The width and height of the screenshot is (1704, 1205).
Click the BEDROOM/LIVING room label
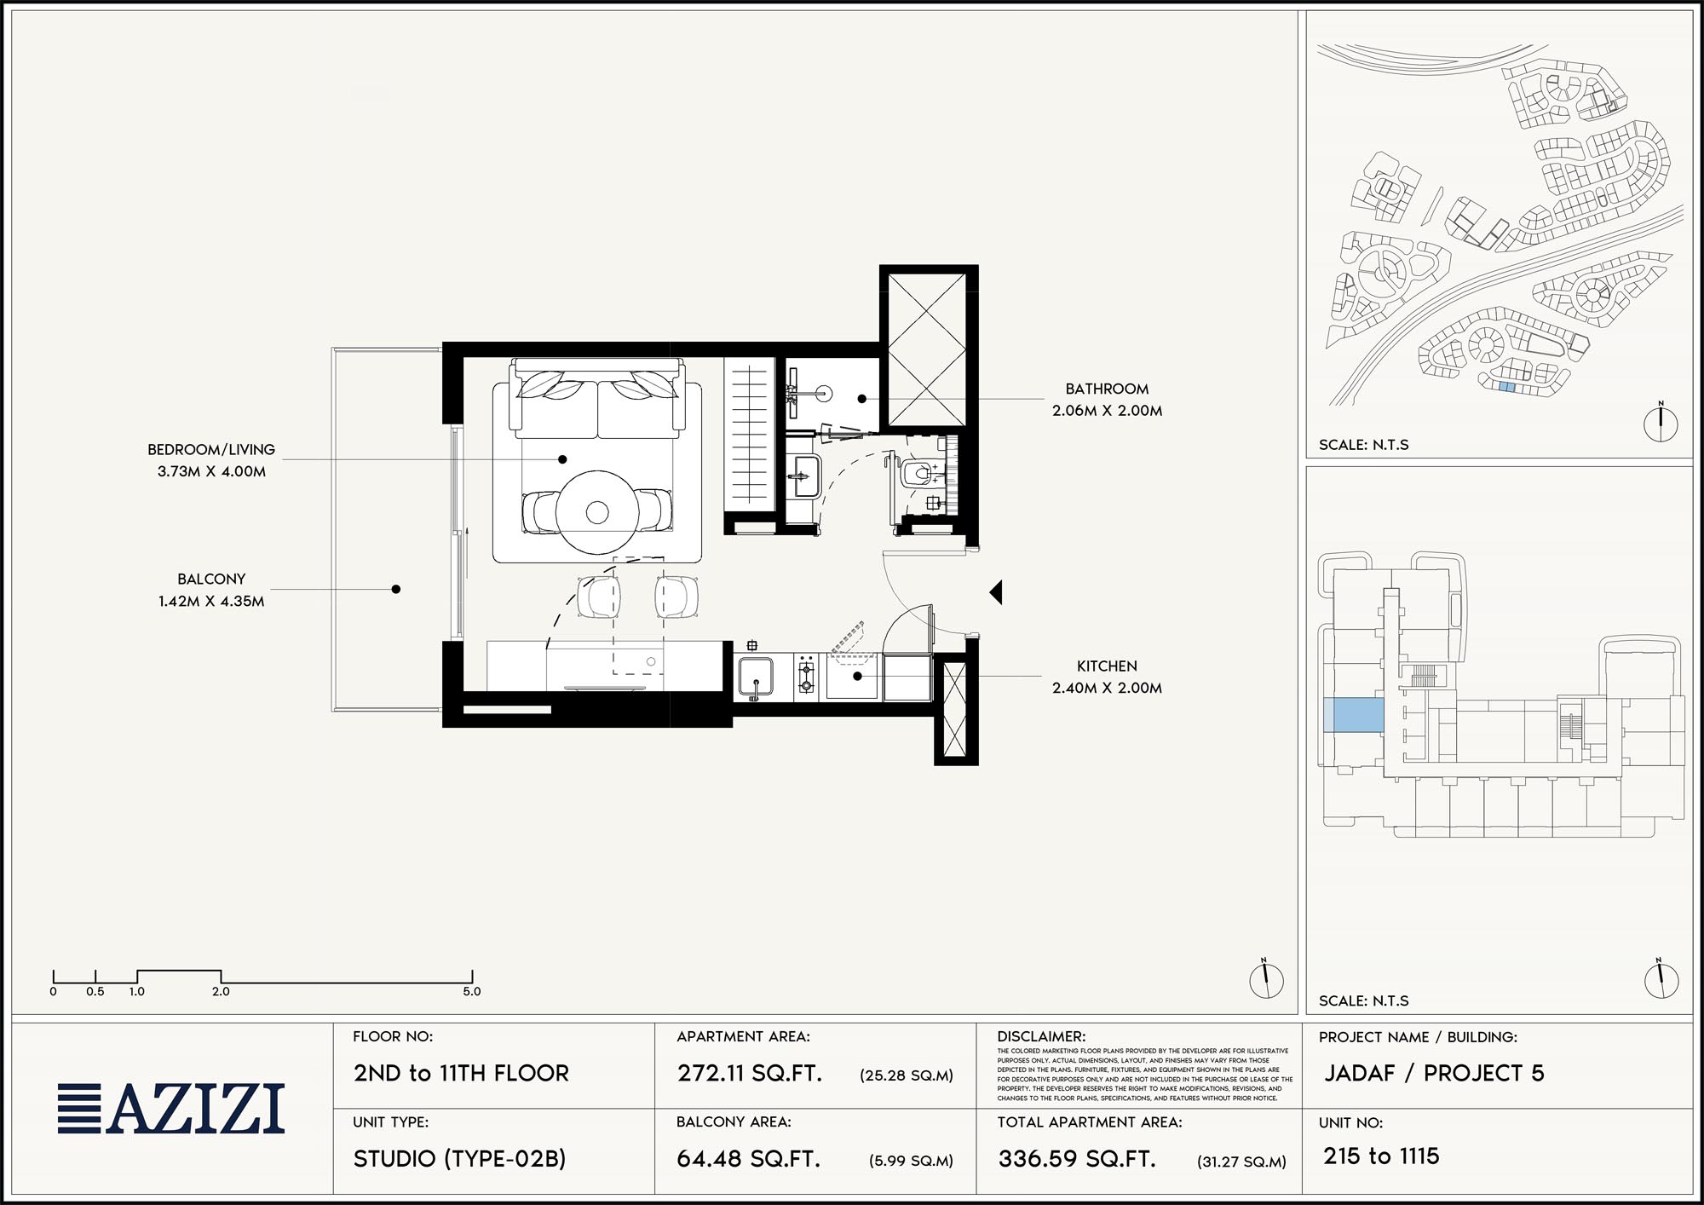(x=211, y=449)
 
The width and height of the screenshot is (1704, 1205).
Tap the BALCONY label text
(x=211, y=579)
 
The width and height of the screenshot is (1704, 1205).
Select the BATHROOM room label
(x=1107, y=389)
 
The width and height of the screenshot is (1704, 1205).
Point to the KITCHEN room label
(x=1107, y=666)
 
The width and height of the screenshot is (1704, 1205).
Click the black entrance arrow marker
(x=996, y=592)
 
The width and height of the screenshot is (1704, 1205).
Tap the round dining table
(x=597, y=512)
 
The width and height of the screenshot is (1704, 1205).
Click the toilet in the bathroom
(x=918, y=473)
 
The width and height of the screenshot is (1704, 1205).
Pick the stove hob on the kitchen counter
(x=806, y=677)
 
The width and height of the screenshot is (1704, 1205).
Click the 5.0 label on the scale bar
(x=472, y=991)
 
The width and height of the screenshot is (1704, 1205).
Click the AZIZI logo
(x=171, y=1109)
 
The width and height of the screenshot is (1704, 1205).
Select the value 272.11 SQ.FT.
(x=750, y=1073)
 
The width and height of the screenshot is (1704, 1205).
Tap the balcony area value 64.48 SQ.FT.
(x=748, y=1159)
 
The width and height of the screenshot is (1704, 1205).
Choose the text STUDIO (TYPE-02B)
(x=459, y=1159)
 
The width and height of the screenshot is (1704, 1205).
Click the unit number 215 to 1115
(x=1381, y=1156)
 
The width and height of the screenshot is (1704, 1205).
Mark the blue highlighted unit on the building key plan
(x=1354, y=715)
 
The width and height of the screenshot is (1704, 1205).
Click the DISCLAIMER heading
(x=1041, y=1037)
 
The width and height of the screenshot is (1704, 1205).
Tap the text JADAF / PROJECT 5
(x=1434, y=1073)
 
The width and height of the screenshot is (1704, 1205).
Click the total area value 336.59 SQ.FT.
(x=1077, y=1159)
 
